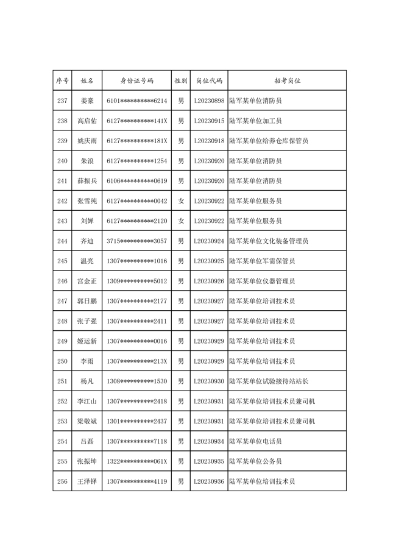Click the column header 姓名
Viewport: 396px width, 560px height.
click(x=87, y=80)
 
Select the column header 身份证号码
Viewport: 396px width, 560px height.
click(x=136, y=80)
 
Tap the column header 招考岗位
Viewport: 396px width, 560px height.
click(x=287, y=80)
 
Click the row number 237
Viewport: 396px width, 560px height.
click(x=62, y=101)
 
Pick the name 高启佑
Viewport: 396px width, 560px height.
click(x=87, y=121)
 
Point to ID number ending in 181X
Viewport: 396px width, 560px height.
click(x=136, y=141)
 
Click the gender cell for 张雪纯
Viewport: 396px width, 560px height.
click(x=181, y=201)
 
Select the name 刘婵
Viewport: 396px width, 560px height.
click(x=87, y=221)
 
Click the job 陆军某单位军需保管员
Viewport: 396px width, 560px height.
click(x=262, y=261)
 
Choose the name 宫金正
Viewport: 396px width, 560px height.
click(x=87, y=282)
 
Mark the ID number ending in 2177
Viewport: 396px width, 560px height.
click(x=136, y=302)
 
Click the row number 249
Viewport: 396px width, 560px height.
click(x=62, y=341)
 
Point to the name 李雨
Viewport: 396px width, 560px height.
click(x=87, y=361)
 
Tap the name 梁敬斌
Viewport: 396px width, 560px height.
click(x=87, y=422)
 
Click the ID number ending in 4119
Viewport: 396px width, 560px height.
click(x=136, y=481)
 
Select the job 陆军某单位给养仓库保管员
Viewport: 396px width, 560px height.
click(x=269, y=141)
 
